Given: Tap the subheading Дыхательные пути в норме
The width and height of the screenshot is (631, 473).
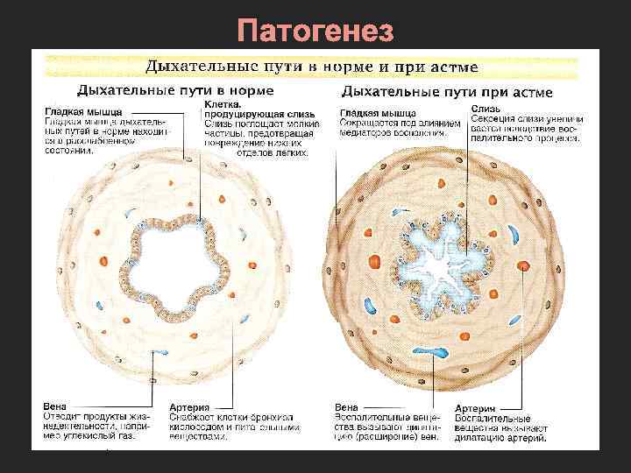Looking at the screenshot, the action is pos(175,89).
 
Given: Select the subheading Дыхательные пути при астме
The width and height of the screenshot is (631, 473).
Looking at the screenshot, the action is pos(446,91).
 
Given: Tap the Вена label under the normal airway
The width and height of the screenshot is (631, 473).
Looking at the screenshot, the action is pos(53,406).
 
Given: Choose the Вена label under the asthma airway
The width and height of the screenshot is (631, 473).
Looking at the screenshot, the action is pos(346,407).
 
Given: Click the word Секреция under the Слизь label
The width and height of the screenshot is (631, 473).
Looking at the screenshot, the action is pos(489,120).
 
